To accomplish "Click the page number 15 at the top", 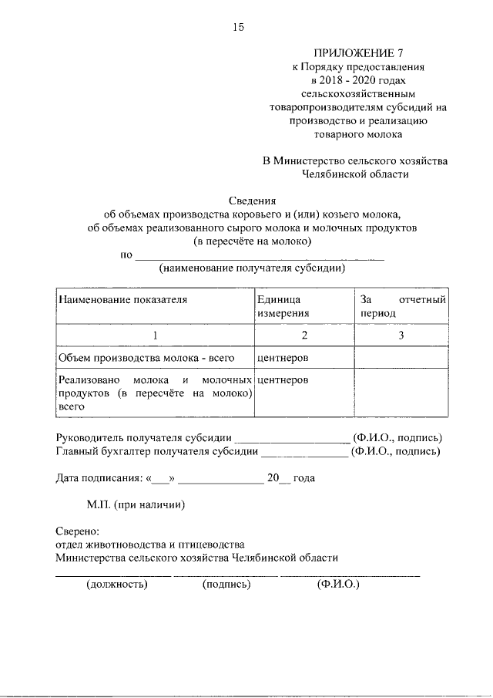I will click(x=238, y=28).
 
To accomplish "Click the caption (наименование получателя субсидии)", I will click(x=252, y=268).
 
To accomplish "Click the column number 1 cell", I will click(x=155, y=336).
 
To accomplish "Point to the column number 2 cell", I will click(x=304, y=336).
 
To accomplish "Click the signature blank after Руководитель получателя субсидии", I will click(x=292, y=439).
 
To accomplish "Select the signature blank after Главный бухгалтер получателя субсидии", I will click(x=306, y=452).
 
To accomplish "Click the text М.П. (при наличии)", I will click(x=136, y=505).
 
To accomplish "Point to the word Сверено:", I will click(x=78, y=531).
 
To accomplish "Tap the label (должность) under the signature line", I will click(x=116, y=584).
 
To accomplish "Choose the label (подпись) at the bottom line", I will click(x=227, y=584).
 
